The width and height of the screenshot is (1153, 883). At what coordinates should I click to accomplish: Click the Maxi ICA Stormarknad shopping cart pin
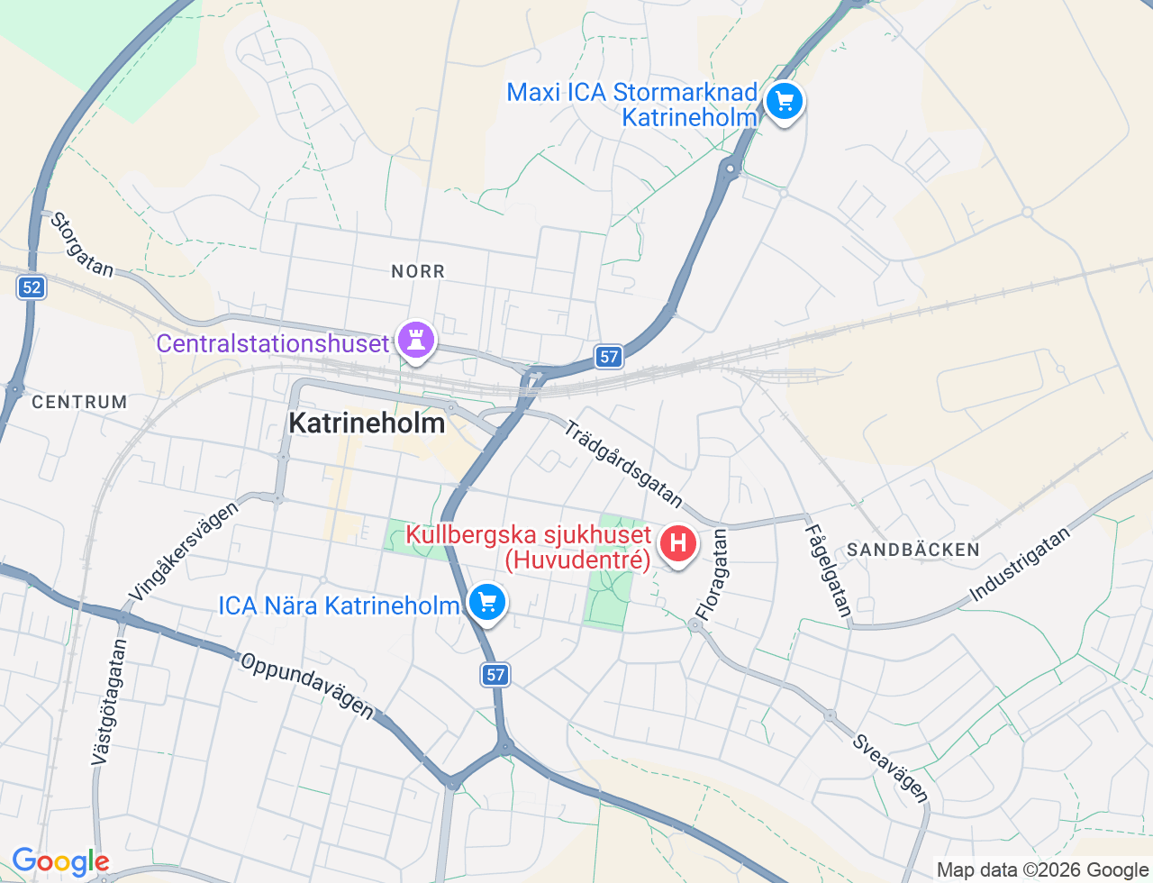tap(785, 101)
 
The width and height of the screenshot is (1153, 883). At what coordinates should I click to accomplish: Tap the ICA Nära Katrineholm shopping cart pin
tap(487, 602)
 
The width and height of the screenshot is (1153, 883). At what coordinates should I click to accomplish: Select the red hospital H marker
tap(678, 544)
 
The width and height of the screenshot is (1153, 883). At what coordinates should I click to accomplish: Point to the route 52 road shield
tap(32, 287)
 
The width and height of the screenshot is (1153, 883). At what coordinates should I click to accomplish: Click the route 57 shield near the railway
tap(609, 357)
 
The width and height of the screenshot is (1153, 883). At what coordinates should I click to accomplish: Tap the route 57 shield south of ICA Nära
tap(495, 674)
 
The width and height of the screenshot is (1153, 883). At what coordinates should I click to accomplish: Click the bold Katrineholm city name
tap(367, 423)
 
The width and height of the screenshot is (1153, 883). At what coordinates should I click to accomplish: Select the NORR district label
tap(418, 271)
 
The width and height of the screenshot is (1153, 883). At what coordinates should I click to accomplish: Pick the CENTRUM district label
tap(79, 402)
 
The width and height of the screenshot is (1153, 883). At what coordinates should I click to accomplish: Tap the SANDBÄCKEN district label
tap(913, 550)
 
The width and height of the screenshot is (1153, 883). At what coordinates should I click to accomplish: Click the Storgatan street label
tap(82, 244)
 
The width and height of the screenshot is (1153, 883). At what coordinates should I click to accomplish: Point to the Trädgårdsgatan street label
tap(623, 463)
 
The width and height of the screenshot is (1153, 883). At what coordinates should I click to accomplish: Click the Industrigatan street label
tap(1020, 564)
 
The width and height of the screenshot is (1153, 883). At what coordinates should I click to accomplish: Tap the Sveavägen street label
tap(890, 768)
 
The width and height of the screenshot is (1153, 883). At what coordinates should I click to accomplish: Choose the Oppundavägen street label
tap(307, 686)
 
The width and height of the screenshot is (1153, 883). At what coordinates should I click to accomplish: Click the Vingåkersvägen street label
tap(185, 551)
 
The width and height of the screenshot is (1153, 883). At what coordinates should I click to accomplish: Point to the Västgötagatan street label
tap(109, 703)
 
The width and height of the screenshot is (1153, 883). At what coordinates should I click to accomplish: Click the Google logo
tap(60, 862)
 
